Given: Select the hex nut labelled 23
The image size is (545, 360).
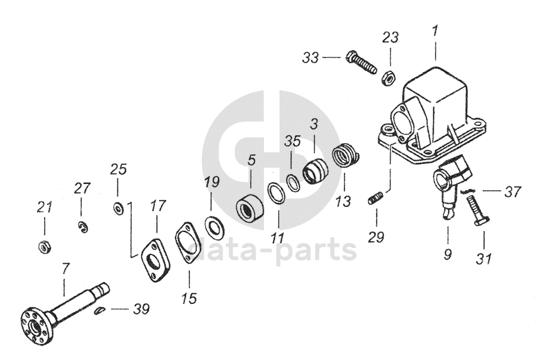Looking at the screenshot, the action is [389, 76].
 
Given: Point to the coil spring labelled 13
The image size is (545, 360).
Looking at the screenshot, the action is [347, 157].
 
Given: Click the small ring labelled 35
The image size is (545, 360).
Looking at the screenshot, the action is [294, 183].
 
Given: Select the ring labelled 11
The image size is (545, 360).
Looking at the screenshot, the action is [276, 195].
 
